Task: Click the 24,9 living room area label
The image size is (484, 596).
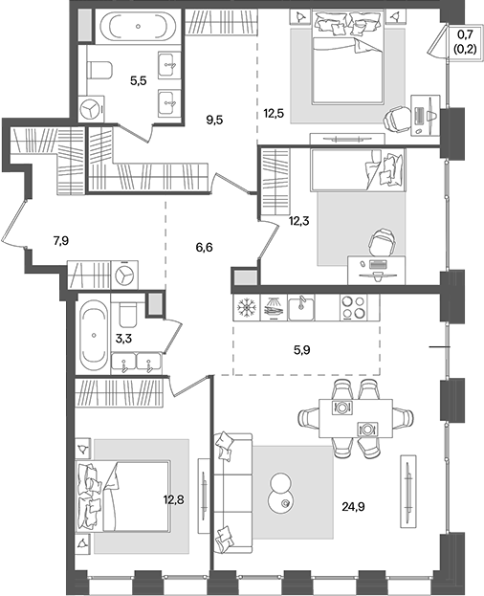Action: click(353, 507)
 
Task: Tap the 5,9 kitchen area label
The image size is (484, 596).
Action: click(301, 350)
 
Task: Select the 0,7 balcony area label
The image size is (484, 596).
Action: click(465, 35)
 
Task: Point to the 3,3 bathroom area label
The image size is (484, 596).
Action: click(123, 338)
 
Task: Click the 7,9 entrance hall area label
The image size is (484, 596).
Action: click(61, 241)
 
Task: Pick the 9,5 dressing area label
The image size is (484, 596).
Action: click(214, 121)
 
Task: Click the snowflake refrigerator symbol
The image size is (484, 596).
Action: click(246, 307)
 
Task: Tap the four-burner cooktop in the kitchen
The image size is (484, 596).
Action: click(354, 307)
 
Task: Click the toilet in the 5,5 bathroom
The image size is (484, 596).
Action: click(100, 71)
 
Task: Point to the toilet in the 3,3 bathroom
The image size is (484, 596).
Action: click(127, 314)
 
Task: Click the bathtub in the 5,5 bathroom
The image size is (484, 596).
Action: click(138, 27)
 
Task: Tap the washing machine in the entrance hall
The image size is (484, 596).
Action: click(124, 275)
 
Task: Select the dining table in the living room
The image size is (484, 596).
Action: click(355, 418)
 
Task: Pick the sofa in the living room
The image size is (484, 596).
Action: click(232, 494)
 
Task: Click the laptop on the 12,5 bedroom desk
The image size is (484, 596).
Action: click(419, 115)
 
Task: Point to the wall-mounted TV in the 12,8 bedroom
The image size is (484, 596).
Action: click(204, 496)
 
